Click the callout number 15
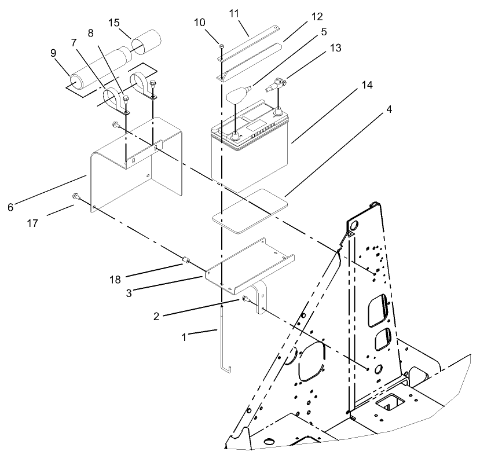pos(114,23)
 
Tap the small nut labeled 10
pos(222,46)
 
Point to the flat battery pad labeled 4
pos(250,207)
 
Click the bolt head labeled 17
pos(76,198)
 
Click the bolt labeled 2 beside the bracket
pos(246,299)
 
